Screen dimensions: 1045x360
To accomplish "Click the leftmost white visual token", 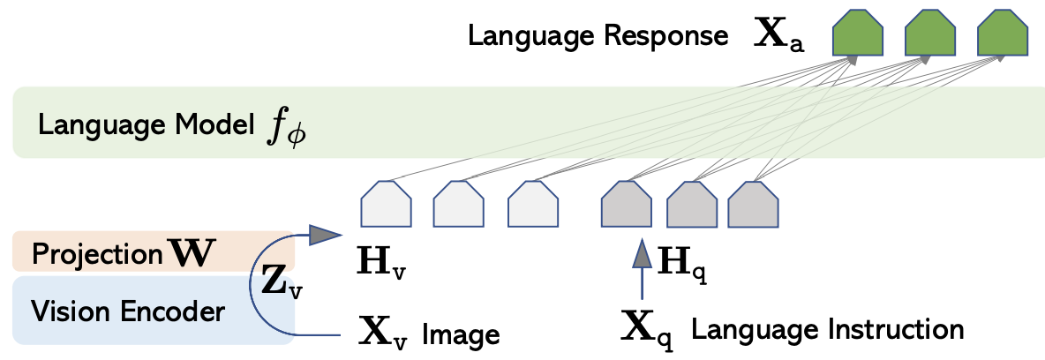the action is point(386,203).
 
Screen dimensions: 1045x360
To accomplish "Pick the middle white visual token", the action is point(459,203).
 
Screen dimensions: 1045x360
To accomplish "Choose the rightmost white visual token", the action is point(532,203).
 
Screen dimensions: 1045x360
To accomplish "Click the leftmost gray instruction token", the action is point(627,203).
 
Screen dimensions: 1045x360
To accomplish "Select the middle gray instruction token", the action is point(693,203).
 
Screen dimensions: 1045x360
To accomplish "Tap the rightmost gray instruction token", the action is point(753,203).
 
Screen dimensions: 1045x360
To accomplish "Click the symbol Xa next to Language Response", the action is point(778,37).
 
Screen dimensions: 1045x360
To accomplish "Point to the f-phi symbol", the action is point(286,129).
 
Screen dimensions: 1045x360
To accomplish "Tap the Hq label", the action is point(681,265).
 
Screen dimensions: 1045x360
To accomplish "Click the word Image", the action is point(461,333).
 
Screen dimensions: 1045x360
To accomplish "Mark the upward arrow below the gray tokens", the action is point(642,269).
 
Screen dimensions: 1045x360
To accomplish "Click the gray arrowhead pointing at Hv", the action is point(327,236).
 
